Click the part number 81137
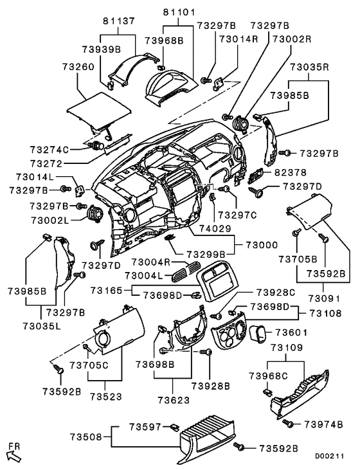tap(118, 20)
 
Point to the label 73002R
tap(292, 39)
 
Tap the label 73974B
tap(325, 424)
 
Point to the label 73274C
tap(49, 149)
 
